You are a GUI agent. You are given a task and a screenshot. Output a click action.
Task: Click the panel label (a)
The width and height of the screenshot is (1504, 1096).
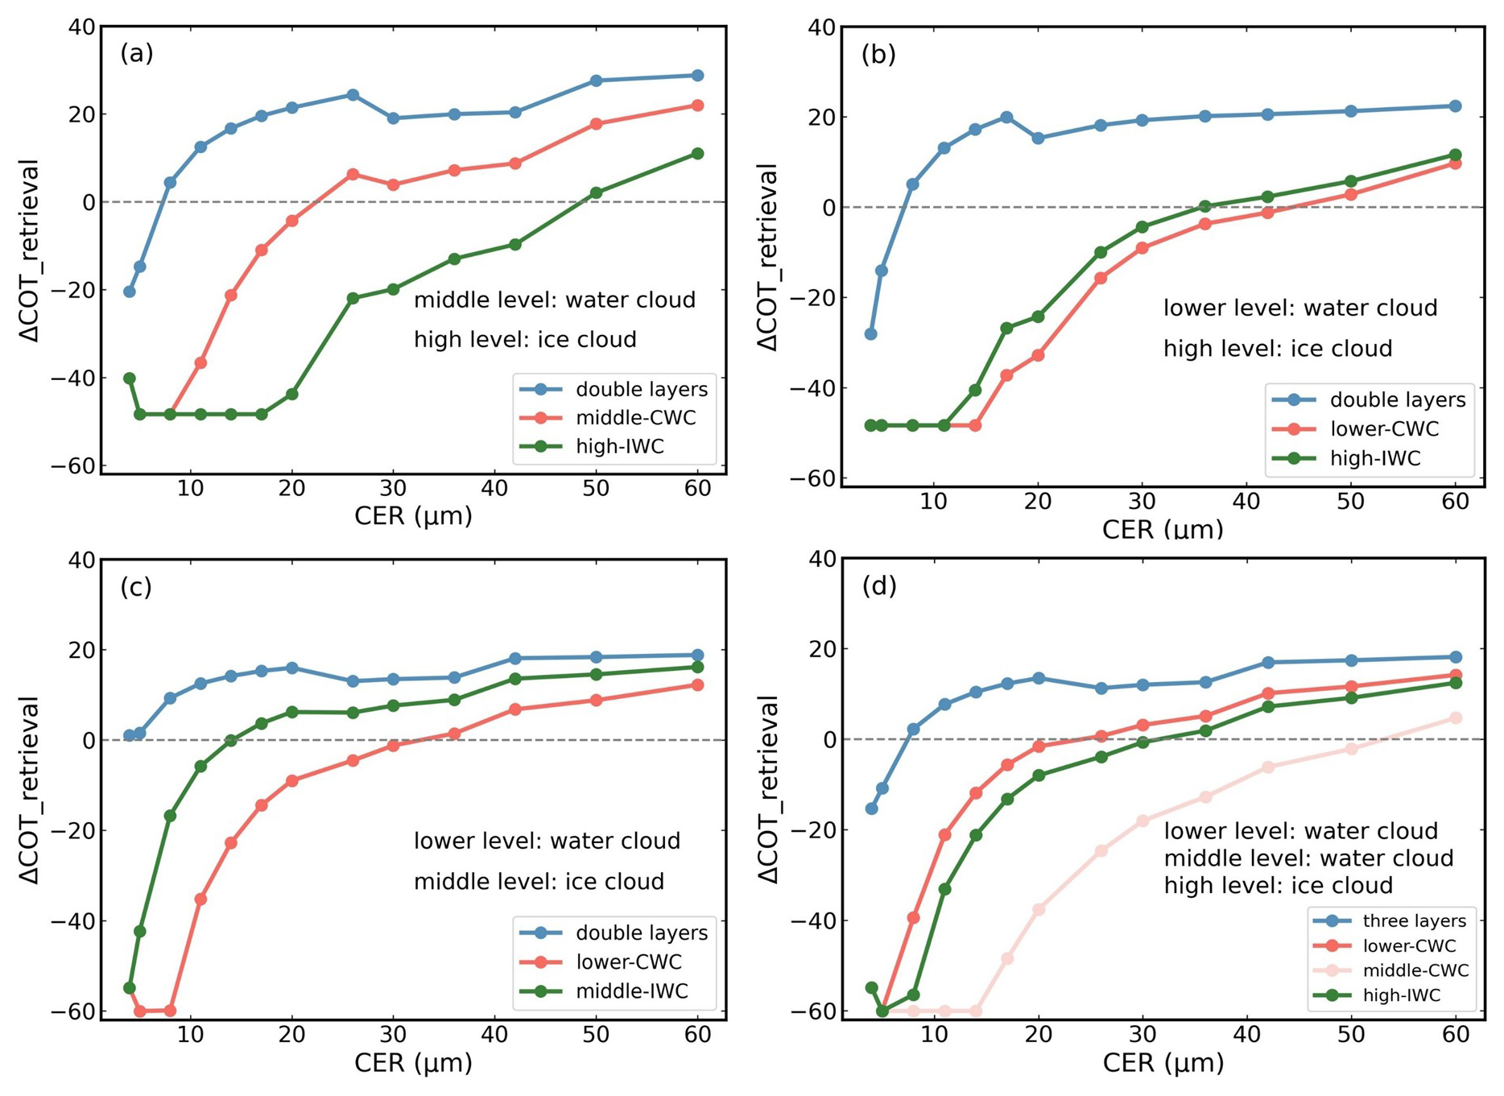pyautogui.click(x=136, y=54)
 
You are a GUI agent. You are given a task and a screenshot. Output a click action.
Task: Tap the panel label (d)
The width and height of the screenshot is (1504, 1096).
pyautogui.click(x=878, y=586)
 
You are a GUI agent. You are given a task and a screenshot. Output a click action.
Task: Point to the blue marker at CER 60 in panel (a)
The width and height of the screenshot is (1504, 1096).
pyautogui.click(x=697, y=76)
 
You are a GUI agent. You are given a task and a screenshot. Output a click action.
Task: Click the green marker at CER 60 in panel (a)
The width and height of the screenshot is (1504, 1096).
pyautogui.click(x=697, y=154)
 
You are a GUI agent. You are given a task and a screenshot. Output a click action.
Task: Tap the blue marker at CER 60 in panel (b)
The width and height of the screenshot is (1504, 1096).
pyautogui.click(x=1455, y=106)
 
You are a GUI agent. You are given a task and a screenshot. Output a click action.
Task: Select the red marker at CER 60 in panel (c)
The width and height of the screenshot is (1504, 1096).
pyautogui.click(x=697, y=685)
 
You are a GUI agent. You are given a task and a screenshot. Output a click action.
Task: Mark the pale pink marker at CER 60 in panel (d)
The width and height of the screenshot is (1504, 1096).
pyautogui.click(x=1455, y=718)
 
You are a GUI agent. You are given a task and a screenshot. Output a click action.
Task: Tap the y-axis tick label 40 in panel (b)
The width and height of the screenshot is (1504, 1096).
pyautogui.click(x=821, y=28)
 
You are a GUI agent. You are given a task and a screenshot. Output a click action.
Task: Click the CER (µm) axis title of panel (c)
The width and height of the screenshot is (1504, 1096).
pyautogui.click(x=413, y=1063)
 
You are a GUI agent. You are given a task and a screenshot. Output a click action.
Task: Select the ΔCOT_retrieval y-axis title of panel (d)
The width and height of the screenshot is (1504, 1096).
pyautogui.click(x=768, y=789)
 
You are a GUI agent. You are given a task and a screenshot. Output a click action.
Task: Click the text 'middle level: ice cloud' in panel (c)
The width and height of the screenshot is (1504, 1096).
pyautogui.click(x=539, y=882)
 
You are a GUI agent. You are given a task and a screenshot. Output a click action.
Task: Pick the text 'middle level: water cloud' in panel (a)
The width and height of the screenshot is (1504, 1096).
pyautogui.click(x=554, y=300)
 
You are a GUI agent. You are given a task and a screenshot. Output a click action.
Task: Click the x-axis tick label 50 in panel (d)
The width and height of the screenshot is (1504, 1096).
pyautogui.click(x=1351, y=1035)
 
